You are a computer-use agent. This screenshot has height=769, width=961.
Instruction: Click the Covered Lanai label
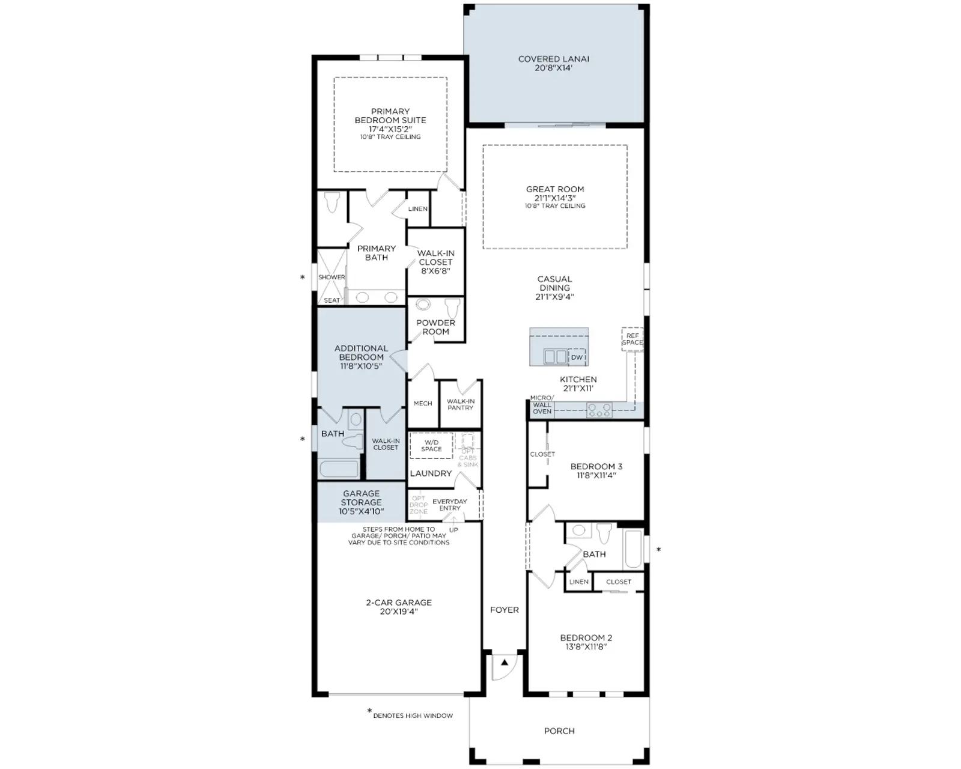(x=553, y=59)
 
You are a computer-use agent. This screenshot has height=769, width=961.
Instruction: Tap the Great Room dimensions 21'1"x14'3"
(x=555, y=198)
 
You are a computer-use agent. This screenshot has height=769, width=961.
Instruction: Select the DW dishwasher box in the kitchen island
(x=577, y=357)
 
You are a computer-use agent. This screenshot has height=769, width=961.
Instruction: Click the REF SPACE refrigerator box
(x=632, y=339)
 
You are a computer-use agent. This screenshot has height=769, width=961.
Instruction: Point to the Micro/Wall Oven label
(x=542, y=404)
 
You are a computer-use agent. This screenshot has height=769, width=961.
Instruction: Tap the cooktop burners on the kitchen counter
(x=599, y=410)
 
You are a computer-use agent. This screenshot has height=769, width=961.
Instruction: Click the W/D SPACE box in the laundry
(x=431, y=446)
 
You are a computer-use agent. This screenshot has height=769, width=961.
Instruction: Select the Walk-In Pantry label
(x=461, y=404)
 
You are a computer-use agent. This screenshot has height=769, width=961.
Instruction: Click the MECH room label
(x=423, y=403)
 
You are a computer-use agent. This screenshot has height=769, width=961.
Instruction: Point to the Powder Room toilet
(x=452, y=308)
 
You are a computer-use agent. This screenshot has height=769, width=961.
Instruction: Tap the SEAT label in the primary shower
(x=332, y=300)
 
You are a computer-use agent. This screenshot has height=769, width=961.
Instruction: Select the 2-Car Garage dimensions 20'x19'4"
(x=399, y=611)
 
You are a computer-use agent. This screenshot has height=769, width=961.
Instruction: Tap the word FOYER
(x=505, y=610)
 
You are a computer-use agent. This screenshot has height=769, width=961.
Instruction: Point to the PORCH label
(x=559, y=731)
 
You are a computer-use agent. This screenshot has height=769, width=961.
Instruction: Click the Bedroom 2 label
(x=586, y=637)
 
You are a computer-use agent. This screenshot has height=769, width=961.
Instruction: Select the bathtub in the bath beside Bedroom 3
(x=633, y=549)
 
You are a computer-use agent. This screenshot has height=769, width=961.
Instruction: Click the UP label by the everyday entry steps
(x=453, y=530)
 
